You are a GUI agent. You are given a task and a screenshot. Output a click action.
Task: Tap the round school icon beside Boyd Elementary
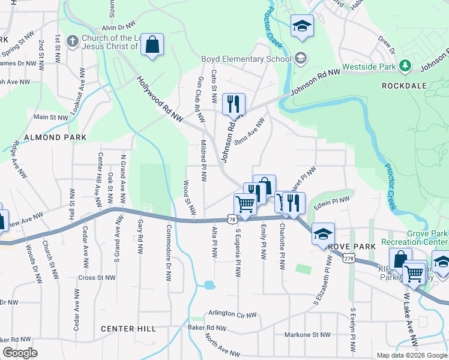tap(301, 59)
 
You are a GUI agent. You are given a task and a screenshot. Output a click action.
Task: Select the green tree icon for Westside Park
tap(406, 66)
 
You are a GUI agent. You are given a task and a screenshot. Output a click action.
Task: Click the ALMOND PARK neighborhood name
tap(55, 137)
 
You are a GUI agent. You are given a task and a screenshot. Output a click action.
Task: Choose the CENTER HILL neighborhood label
tap(128, 329)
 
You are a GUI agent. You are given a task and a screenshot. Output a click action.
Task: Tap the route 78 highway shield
tap(232, 221)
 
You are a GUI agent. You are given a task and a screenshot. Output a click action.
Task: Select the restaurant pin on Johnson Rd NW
tap(233, 104)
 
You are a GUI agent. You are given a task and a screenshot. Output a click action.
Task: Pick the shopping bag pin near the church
tap(152, 45)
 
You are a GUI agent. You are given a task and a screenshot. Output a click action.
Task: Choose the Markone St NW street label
tap(307, 335)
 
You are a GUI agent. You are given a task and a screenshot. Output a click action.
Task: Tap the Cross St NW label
tap(97, 278)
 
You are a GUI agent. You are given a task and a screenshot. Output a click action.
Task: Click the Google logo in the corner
tap(20, 353)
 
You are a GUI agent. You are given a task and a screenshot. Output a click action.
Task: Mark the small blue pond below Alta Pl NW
tap(208, 285)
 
